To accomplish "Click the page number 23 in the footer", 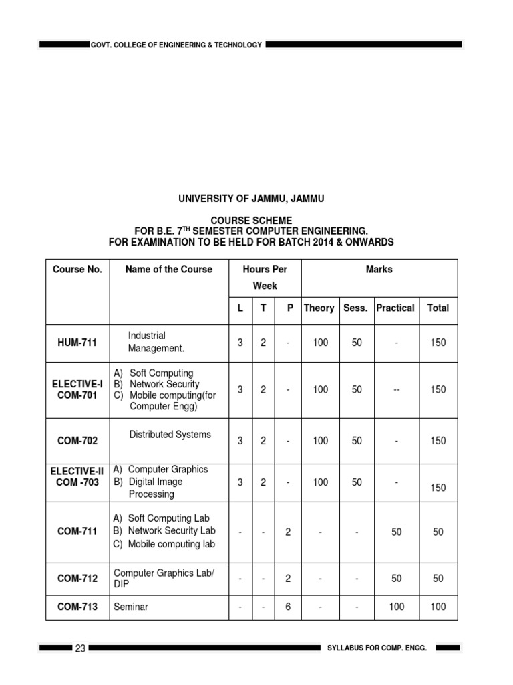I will pyautogui.click(x=80, y=648).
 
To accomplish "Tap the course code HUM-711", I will pyautogui.click(x=77, y=342).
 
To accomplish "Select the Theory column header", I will pyautogui.click(x=319, y=308).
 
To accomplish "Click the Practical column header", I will pyautogui.click(x=395, y=308).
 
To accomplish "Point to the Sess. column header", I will pyautogui.click(x=355, y=308).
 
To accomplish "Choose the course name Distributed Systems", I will pyautogui.click(x=170, y=434).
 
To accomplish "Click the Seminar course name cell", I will pyautogui.click(x=131, y=607).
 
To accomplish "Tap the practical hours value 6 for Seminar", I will pyautogui.click(x=288, y=607).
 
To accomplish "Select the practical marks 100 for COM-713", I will pyautogui.click(x=397, y=607).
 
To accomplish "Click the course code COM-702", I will pyautogui.click(x=77, y=441).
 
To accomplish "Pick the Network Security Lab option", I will pyautogui.click(x=172, y=530).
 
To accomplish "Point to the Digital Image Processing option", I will pyautogui.click(x=155, y=488).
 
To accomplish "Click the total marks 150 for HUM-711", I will pyautogui.click(x=438, y=342).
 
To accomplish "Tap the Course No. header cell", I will pyautogui.click(x=77, y=269).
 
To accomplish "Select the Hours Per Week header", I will pyautogui.click(x=265, y=277).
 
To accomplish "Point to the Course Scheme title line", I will pyautogui.click(x=251, y=220).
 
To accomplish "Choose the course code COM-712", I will pyautogui.click(x=77, y=578).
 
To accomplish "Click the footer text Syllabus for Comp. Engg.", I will pyautogui.click(x=377, y=648).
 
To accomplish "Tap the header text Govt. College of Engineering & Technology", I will pyautogui.click(x=176, y=45).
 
